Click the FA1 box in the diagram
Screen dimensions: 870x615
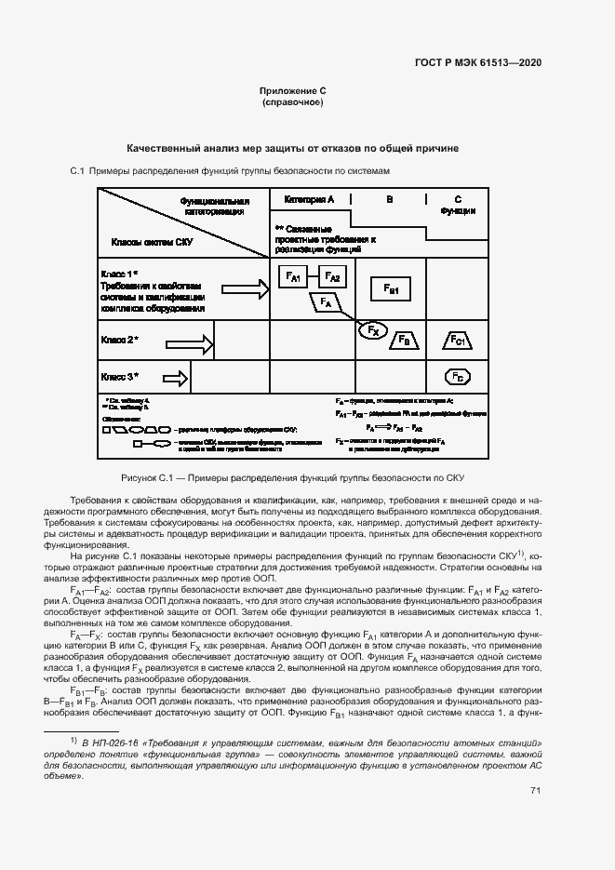(292, 277)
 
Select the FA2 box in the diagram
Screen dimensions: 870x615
(333, 277)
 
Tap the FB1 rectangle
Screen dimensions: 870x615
(391, 290)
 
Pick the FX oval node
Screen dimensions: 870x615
(372, 330)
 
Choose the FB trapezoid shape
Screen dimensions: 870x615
(405, 341)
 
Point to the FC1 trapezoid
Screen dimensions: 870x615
(458, 341)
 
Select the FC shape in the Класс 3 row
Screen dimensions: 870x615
(457, 377)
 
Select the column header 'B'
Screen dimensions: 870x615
(390, 199)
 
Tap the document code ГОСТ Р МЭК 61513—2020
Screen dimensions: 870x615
(477, 62)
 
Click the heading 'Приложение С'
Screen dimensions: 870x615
(293, 90)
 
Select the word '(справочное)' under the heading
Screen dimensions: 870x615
(293, 101)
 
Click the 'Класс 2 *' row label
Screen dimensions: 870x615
(119, 341)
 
